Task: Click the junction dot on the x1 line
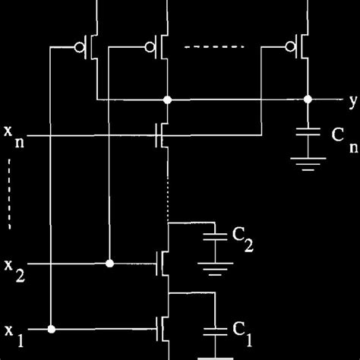tap(52, 330)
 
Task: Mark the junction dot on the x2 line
tap(110, 264)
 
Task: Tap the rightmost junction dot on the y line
tap(308, 99)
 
